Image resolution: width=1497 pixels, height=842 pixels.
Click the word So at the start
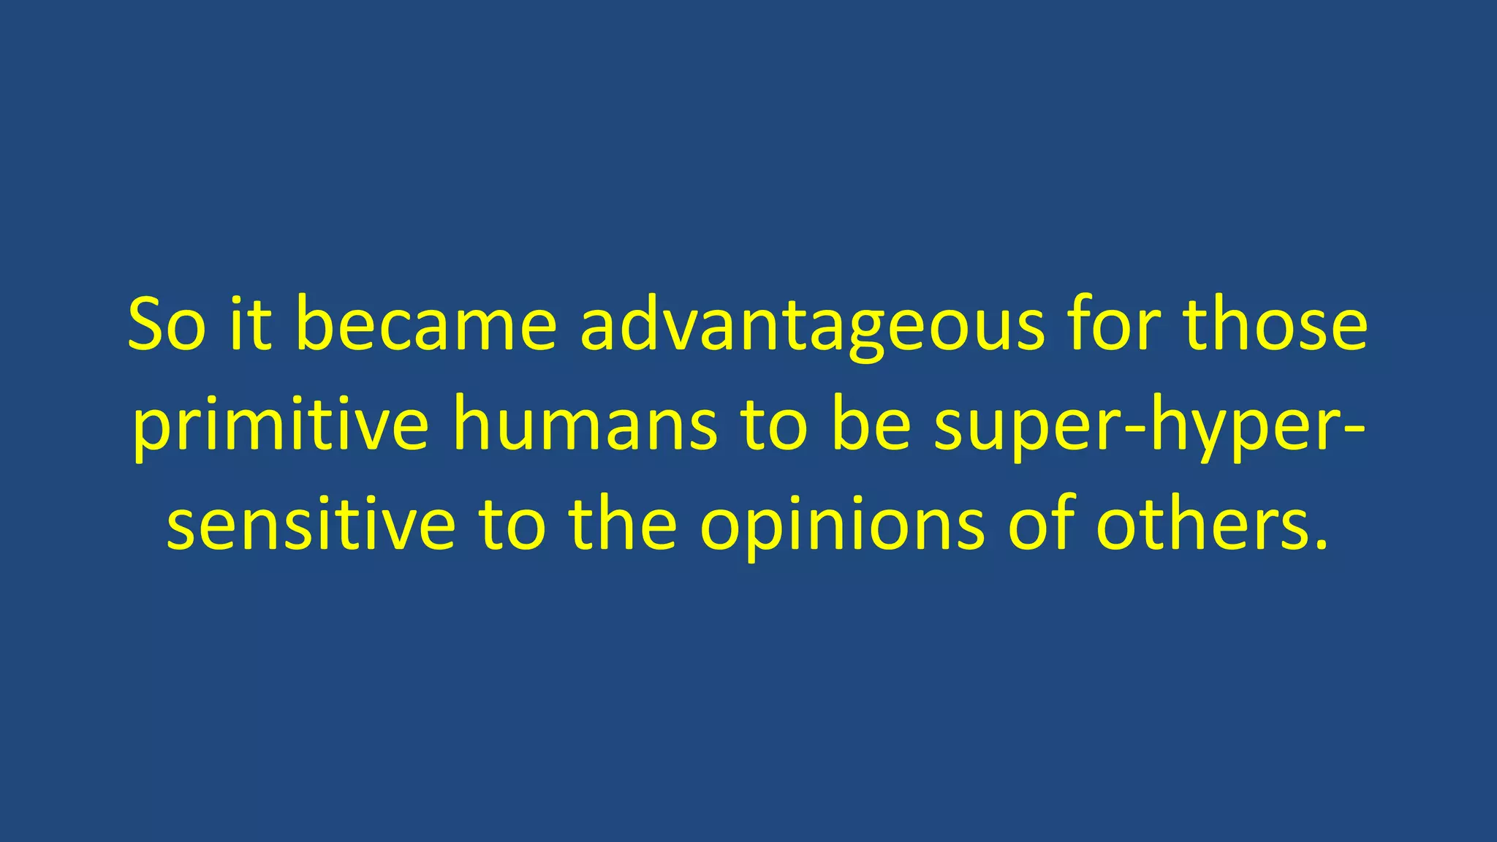point(167,325)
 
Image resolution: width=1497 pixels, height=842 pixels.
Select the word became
point(426,325)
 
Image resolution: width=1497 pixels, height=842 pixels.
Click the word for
point(1113,325)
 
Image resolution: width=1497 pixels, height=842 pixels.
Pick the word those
point(1276,325)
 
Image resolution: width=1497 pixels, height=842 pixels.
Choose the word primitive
point(280,428)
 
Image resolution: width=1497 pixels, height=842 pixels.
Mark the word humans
point(585,428)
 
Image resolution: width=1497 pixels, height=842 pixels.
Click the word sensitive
point(311,526)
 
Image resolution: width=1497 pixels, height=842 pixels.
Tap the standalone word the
point(623,526)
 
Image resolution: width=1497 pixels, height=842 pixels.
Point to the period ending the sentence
point(1320,545)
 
